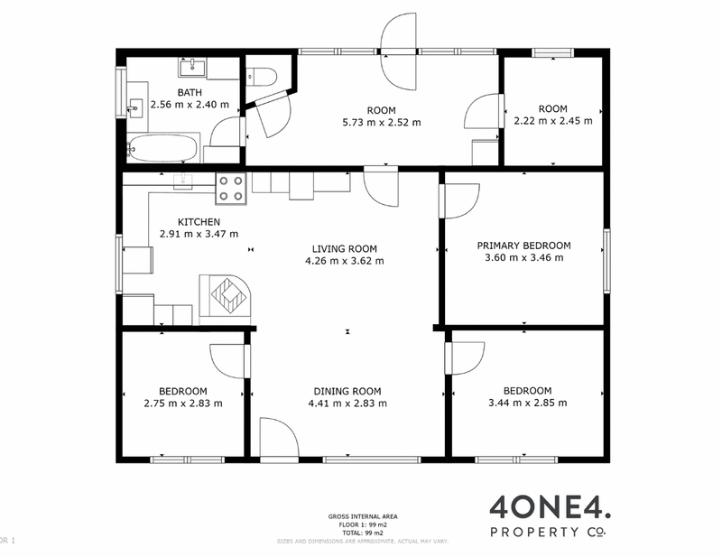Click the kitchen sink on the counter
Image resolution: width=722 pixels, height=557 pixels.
[183, 180]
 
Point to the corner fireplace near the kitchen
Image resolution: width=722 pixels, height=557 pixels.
[227, 296]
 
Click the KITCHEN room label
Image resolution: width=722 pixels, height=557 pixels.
[199, 221]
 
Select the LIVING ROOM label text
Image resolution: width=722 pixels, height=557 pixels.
[344, 248]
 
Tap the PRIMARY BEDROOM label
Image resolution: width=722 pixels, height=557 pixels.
[523, 245]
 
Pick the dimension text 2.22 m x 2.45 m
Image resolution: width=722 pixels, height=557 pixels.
[552, 121]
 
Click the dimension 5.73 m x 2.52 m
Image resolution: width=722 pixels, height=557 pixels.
[382, 122]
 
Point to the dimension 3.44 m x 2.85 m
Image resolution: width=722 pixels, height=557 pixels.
[528, 403]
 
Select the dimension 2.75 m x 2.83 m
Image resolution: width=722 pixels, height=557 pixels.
[182, 404]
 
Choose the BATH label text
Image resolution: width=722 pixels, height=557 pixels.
[190, 92]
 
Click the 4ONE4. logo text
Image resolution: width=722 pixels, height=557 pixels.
[539, 506]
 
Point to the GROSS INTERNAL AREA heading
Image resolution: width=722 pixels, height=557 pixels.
[364, 516]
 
